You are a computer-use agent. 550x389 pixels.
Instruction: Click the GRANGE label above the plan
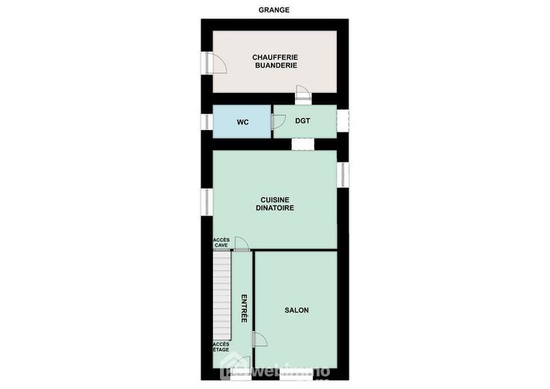tap(274, 10)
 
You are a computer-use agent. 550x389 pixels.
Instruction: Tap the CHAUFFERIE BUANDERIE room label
tap(274, 61)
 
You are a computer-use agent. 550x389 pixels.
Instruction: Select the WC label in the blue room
tap(242, 122)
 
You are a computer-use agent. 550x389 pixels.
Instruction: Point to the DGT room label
tap(302, 121)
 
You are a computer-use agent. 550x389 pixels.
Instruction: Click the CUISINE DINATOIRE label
tap(275, 203)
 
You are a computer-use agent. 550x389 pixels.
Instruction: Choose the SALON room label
tap(296, 311)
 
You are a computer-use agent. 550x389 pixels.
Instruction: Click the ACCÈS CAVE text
tap(221, 242)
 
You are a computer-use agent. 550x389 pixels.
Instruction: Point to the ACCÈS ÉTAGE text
tap(221, 347)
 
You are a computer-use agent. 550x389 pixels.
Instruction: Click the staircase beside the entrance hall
tap(221, 296)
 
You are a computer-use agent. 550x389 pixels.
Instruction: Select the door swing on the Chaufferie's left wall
tap(217, 63)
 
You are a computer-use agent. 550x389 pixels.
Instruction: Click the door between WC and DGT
tap(278, 122)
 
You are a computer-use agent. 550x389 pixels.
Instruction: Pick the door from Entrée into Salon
tap(260, 339)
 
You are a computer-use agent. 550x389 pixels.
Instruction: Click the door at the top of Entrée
tap(241, 244)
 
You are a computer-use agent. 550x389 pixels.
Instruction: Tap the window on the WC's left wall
tap(206, 122)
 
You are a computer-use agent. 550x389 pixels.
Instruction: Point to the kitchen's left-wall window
tap(206, 201)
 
